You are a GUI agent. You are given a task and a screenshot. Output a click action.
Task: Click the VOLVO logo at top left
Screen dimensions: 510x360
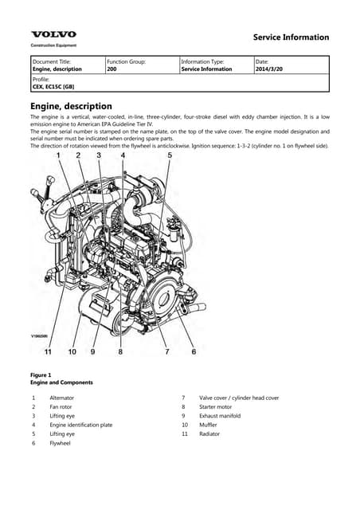(53, 34)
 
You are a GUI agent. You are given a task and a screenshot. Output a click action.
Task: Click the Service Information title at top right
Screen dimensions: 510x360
(290, 37)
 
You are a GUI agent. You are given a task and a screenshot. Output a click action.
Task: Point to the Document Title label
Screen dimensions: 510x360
(51, 61)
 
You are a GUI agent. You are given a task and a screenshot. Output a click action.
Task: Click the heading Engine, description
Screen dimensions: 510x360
(71, 106)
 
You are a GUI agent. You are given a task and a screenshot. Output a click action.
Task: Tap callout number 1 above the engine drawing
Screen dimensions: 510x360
(57, 156)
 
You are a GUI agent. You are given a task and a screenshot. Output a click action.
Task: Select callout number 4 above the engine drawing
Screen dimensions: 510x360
(123, 156)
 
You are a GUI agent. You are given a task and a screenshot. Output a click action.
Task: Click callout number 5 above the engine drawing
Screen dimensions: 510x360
(169, 156)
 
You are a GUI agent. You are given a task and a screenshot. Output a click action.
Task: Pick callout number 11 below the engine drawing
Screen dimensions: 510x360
(48, 351)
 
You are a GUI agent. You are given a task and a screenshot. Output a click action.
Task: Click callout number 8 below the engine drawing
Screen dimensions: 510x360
(120, 351)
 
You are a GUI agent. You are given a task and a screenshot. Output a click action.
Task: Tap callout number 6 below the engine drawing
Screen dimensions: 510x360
(194, 351)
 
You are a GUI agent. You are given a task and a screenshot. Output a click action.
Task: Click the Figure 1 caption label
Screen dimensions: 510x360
(40, 375)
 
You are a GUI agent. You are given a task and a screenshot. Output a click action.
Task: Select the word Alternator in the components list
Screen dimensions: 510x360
(62, 398)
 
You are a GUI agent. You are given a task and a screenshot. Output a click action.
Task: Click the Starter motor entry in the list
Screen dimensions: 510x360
(217, 406)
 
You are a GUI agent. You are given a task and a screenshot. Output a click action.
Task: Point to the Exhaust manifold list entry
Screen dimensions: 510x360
(222, 416)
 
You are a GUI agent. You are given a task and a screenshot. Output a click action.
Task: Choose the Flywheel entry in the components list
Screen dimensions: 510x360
(61, 443)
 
